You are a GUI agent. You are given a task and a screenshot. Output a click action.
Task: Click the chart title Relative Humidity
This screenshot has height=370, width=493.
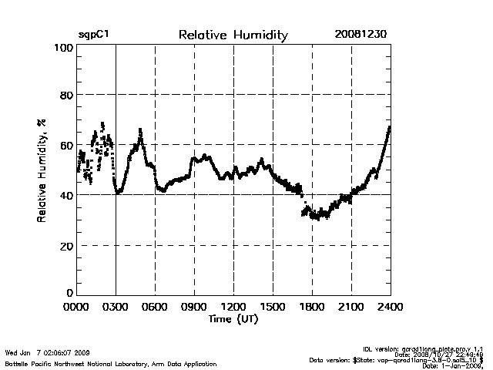[x=233, y=35]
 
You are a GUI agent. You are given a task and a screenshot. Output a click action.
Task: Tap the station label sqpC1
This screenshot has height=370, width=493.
[x=93, y=35]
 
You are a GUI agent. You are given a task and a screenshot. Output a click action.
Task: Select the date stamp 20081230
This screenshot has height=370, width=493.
[x=361, y=35]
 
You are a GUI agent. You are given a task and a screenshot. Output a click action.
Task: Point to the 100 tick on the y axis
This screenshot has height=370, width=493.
[x=64, y=48]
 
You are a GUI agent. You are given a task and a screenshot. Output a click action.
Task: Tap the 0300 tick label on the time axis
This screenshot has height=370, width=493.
[x=116, y=307]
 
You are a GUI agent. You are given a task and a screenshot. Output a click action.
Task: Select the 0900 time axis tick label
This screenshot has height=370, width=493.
[x=194, y=307]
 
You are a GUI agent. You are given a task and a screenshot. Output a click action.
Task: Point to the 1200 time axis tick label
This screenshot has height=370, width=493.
[x=233, y=307]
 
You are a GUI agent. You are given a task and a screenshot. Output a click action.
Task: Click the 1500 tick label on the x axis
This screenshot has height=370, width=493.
[x=273, y=307]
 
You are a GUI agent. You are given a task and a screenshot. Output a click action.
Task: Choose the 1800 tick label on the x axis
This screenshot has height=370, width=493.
[x=312, y=307]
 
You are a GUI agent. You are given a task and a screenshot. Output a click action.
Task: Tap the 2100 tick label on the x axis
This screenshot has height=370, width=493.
[x=351, y=307]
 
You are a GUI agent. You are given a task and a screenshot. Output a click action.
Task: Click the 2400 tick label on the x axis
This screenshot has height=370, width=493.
[x=390, y=307]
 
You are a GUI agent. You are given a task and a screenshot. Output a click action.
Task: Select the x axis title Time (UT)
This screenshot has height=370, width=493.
[x=233, y=318]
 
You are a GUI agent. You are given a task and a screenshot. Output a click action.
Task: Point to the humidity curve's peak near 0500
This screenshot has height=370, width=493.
[x=140, y=130]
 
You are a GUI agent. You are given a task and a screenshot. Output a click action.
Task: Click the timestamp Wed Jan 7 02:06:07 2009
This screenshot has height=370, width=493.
[x=48, y=352]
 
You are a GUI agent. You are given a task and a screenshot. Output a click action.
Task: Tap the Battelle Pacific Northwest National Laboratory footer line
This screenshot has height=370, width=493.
[x=111, y=363]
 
